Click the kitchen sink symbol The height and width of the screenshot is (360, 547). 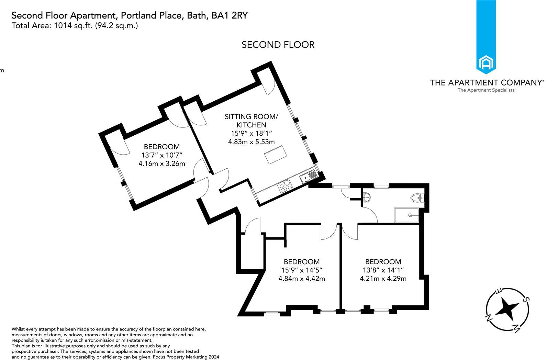point(308,176)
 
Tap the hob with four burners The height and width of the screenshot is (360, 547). point(284,188)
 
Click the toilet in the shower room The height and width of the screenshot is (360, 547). point(418,198)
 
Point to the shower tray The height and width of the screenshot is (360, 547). point(406,215)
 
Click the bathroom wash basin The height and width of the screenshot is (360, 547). point(367,197)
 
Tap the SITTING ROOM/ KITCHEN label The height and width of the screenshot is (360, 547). point(251,121)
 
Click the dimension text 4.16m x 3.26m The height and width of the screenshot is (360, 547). point(161,164)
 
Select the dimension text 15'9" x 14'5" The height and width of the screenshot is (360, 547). point(301,270)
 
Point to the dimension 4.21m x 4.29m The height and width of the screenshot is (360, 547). point(383,278)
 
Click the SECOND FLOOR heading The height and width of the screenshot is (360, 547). point(278,45)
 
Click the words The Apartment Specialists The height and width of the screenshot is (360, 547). point(486,90)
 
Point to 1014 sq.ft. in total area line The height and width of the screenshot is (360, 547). point(74,25)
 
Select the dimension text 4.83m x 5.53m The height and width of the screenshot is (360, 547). point(251,142)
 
